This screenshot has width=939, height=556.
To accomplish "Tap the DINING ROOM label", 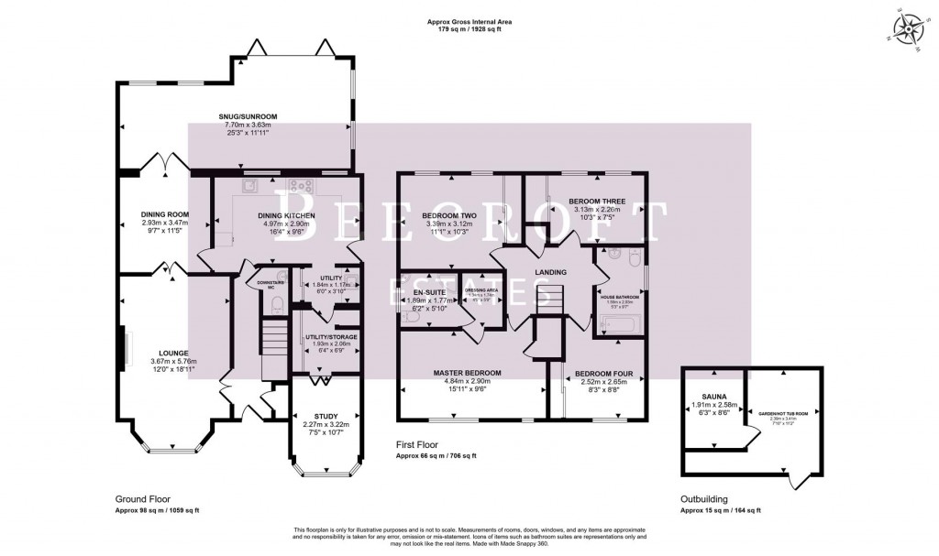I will click(151, 214).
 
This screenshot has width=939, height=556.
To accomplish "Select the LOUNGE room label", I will click(172, 353).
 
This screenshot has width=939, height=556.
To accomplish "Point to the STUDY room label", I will click(326, 415).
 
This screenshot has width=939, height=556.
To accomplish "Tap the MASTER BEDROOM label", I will click(474, 373).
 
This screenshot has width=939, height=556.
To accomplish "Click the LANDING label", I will click(550, 272).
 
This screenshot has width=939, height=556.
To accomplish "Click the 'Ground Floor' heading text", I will click(142, 500).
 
